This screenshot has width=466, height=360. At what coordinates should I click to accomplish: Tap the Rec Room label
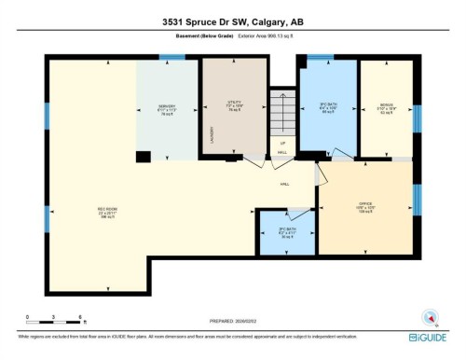(x=106, y=210)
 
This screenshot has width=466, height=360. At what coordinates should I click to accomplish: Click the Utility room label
(x=235, y=107)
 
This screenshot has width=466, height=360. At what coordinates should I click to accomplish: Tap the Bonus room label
(x=387, y=105)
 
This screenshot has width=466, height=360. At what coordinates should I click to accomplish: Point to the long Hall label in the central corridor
(x=284, y=184)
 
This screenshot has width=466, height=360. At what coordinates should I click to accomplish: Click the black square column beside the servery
(x=142, y=158)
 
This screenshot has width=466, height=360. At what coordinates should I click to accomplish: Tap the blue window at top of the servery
(x=171, y=58)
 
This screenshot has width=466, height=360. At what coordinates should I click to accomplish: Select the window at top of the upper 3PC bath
(x=320, y=58)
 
